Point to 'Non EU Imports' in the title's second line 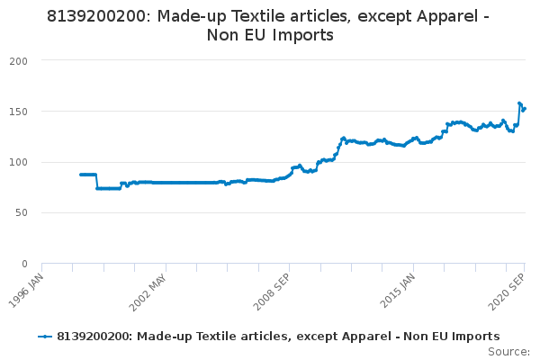tap(270, 35)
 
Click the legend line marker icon tap(45, 337)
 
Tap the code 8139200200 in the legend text tap(93, 337)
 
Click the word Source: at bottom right tap(509, 351)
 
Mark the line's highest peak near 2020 tap(519, 103)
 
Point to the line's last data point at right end tap(525, 109)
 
